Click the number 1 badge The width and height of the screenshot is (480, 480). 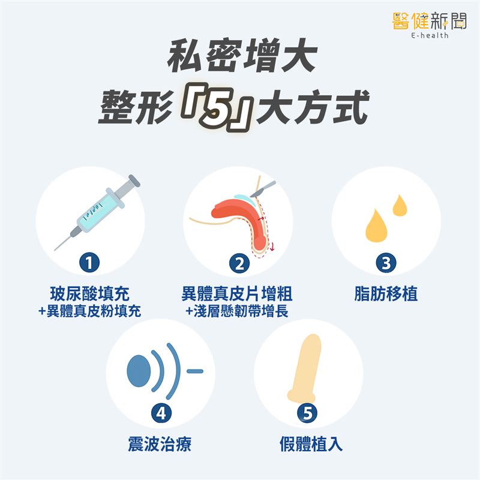pos(89,263)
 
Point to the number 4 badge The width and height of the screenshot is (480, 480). pos(160,413)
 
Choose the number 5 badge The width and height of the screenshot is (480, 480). pos(308,413)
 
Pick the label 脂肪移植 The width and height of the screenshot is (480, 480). pos(386,294)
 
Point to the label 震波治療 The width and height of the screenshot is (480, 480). pos(160,445)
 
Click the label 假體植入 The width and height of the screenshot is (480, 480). pos(308,445)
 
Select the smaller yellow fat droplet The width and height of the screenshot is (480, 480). pos(399,205)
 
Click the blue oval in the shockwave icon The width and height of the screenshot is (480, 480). pos(137,370)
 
